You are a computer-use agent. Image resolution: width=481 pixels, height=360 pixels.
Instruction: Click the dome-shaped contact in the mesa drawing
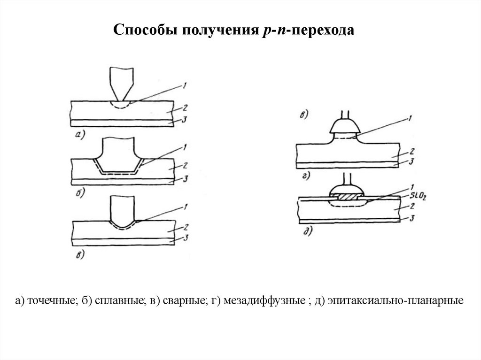click(342, 126)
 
